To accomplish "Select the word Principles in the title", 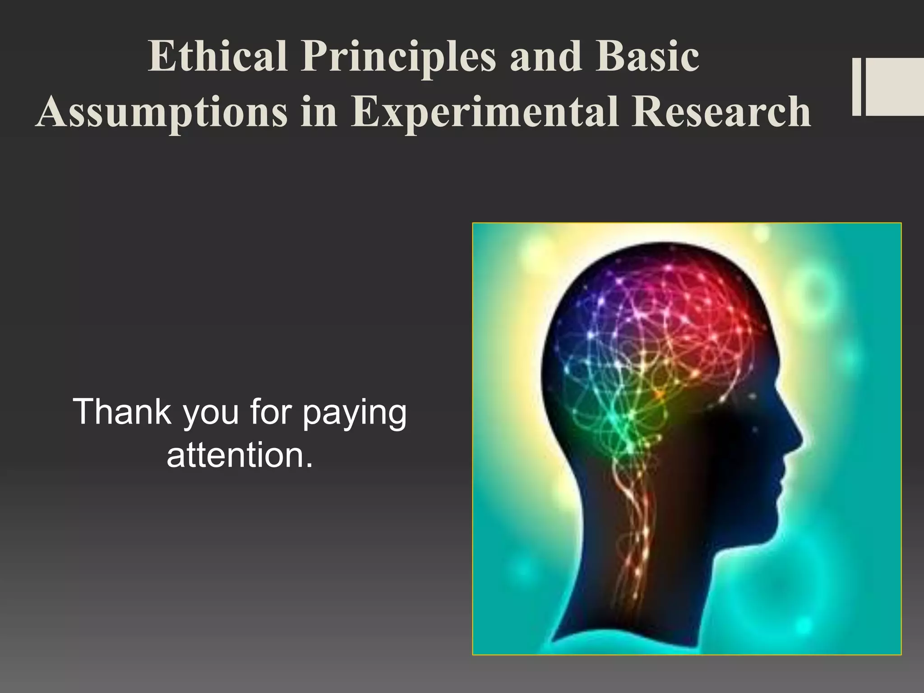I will [399, 58].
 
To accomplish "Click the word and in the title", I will [545, 57].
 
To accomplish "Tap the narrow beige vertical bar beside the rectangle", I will [856, 87].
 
